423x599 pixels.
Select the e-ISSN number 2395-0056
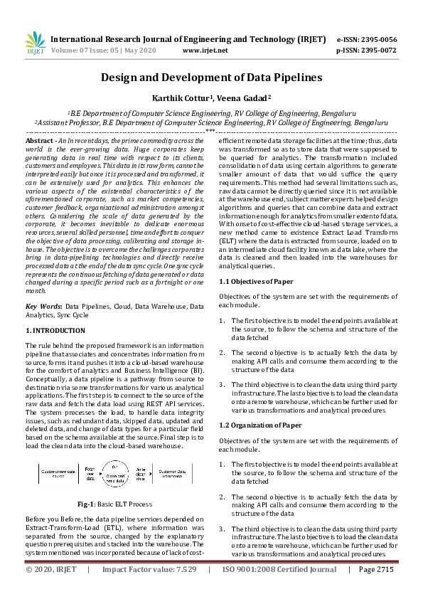[x=377, y=39]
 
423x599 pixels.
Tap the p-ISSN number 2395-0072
[x=377, y=51]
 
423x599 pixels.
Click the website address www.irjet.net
[x=205, y=51]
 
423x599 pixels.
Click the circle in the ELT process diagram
[x=117, y=470]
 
